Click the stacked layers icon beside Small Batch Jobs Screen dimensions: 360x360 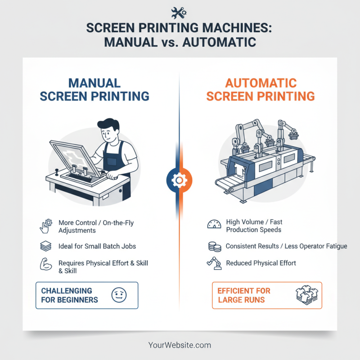[46, 246]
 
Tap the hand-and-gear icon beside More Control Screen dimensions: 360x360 [46, 226]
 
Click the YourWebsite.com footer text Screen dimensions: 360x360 [180, 345]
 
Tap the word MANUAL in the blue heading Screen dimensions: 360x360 [94, 83]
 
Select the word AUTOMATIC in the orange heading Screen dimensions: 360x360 [261, 83]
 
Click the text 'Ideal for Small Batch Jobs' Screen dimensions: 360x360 [97, 246]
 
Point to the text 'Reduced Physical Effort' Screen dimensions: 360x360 [261, 263]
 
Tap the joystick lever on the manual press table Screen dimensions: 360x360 [58, 172]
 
